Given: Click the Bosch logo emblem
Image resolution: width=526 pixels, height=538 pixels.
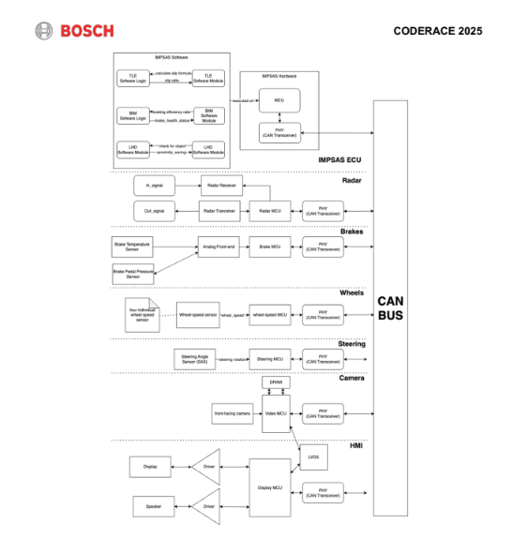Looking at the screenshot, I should click(45, 31).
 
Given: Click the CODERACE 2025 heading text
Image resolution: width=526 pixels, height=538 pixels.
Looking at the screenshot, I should click(438, 31).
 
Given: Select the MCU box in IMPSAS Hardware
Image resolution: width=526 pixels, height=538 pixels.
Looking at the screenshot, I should click(279, 99).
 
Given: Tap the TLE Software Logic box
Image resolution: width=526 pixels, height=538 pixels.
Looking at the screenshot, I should click(133, 79).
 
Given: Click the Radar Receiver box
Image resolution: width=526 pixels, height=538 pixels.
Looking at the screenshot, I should click(220, 187).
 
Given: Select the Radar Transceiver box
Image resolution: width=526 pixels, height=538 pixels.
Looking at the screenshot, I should click(220, 211).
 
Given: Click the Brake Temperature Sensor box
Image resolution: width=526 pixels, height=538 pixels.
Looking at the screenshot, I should click(132, 248).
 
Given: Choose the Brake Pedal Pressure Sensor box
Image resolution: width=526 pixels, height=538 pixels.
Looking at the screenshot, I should click(132, 275).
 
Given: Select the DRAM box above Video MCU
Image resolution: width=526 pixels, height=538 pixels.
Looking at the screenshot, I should click(276, 382).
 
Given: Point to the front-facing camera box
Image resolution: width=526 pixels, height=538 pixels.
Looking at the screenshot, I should click(232, 413).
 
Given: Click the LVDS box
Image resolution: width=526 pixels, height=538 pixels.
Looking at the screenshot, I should click(313, 456).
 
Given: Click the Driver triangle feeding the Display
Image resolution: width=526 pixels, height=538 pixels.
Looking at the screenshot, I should click(207, 466).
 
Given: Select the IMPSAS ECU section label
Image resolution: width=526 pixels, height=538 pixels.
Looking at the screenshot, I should click(339, 160).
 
